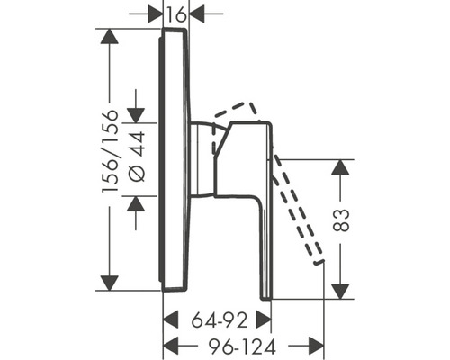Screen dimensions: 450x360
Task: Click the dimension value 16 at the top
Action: (176, 14)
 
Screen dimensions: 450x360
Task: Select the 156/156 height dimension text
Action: (110, 151)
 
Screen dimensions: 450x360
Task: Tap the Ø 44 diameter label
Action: (137, 157)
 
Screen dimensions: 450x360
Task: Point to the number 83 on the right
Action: (341, 220)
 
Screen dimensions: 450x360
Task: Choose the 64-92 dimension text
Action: (220, 319)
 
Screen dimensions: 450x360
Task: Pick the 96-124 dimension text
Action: (242, 346)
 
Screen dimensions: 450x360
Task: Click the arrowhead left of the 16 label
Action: (155, 13)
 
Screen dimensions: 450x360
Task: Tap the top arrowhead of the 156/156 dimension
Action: (110, 36)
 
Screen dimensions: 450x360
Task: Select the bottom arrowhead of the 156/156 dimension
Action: (110, 283)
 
